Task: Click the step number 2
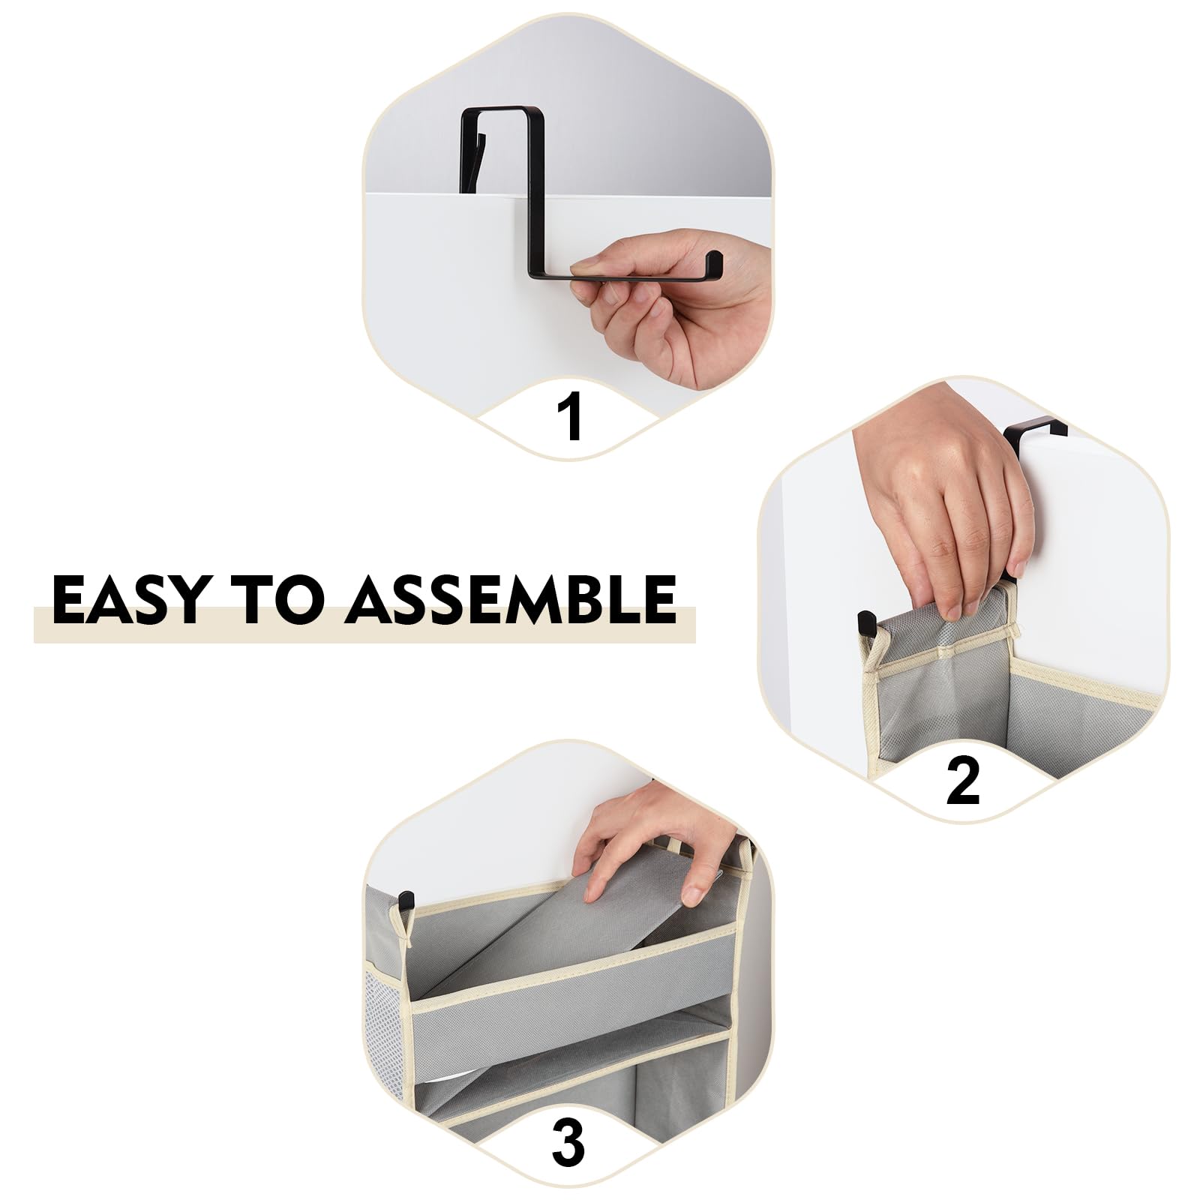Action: tap(963, 780)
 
